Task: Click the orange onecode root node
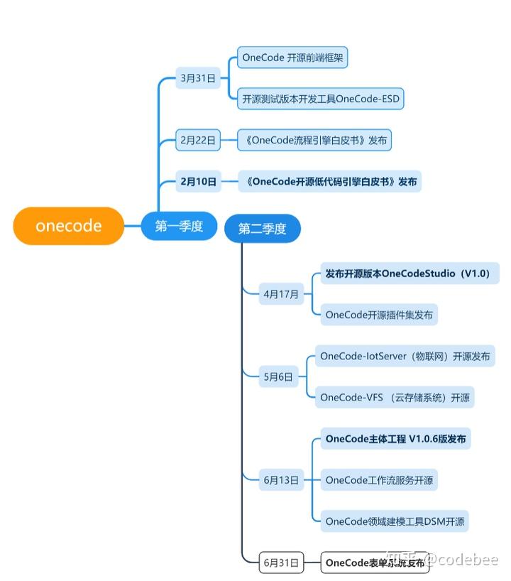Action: [x=69, y=226]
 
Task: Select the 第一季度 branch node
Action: [x=179, y=226]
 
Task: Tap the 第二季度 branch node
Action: [x=262, y=228]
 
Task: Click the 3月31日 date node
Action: [x=197, y=78]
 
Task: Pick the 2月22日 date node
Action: [x=197, y=140]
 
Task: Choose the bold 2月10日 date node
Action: [x=198, y=181]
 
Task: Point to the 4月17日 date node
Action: [x=281, y=293]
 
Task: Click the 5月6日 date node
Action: [x=278, y=377]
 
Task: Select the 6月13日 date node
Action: [x=281, y=480]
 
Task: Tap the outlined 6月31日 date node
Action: [x=281, y=563]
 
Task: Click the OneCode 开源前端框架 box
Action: [x=292, y=58]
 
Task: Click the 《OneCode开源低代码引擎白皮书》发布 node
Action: [x=329, y=181]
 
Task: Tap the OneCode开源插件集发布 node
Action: [x=379, y=315]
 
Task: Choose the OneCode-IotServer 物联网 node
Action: [x=405, y=356]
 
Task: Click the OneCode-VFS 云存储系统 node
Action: [x=395, y=397]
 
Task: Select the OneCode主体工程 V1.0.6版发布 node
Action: [x=395, y=439]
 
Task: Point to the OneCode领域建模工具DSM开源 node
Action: [x=395, y=521]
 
